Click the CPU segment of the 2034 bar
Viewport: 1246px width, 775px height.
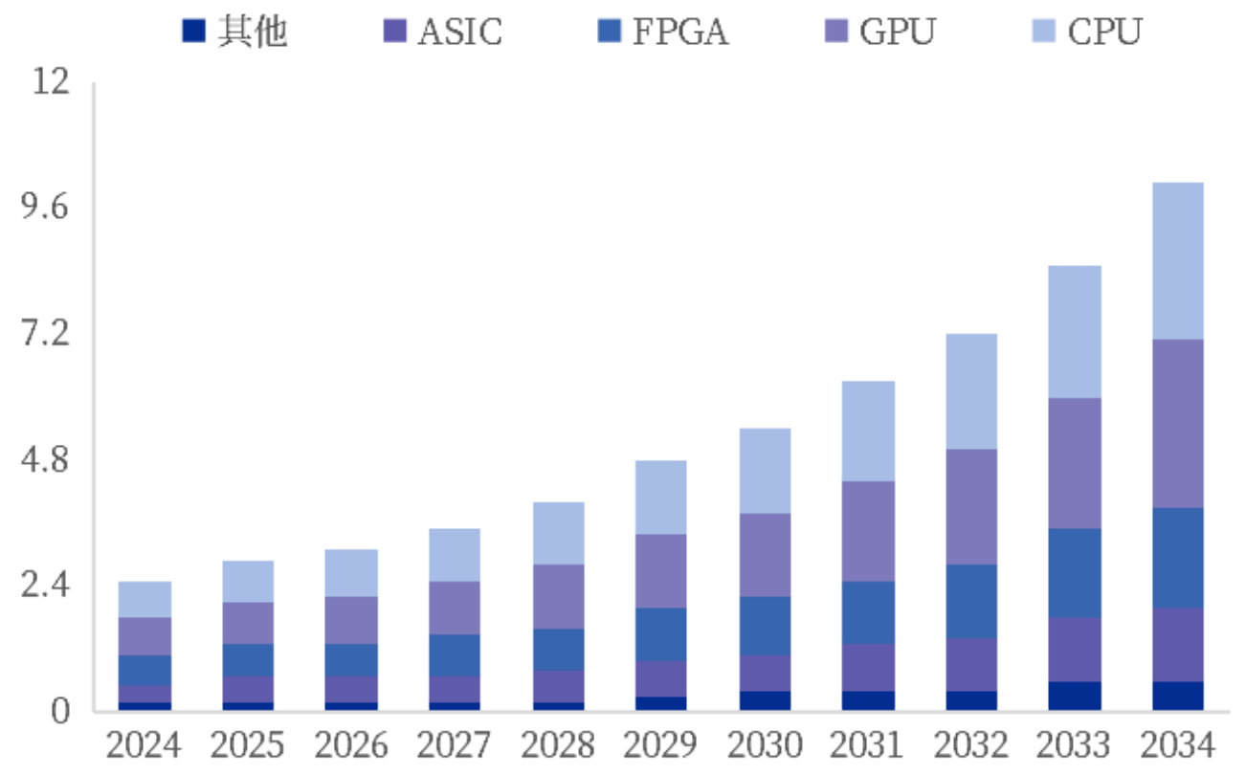(x=1176, y=260)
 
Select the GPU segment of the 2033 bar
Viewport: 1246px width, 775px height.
(x=1074, y=463)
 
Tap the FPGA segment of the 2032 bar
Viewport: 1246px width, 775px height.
(x=970, y=601)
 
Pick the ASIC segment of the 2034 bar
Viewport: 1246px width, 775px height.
(x=1176, y=645)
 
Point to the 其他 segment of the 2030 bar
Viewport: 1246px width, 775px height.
(x=764, y=700)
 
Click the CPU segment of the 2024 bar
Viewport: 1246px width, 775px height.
(x=145, y=599)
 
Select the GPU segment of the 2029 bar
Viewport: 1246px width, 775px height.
(x=660, y=570)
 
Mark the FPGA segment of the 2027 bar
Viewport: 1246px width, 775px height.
(x=454, y=655)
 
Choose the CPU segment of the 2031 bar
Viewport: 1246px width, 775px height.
(x=867, y=431)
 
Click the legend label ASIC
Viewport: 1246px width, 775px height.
(x=459, y=32)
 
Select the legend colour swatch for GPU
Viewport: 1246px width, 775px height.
(x=834, y=32)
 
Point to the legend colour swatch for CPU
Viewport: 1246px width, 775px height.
(x=1041, y=32)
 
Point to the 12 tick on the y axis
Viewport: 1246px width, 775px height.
(x=53, y=82)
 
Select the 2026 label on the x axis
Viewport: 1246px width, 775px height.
(x=351, y=744)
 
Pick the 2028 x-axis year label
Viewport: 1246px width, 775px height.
(x=557, y=744)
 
